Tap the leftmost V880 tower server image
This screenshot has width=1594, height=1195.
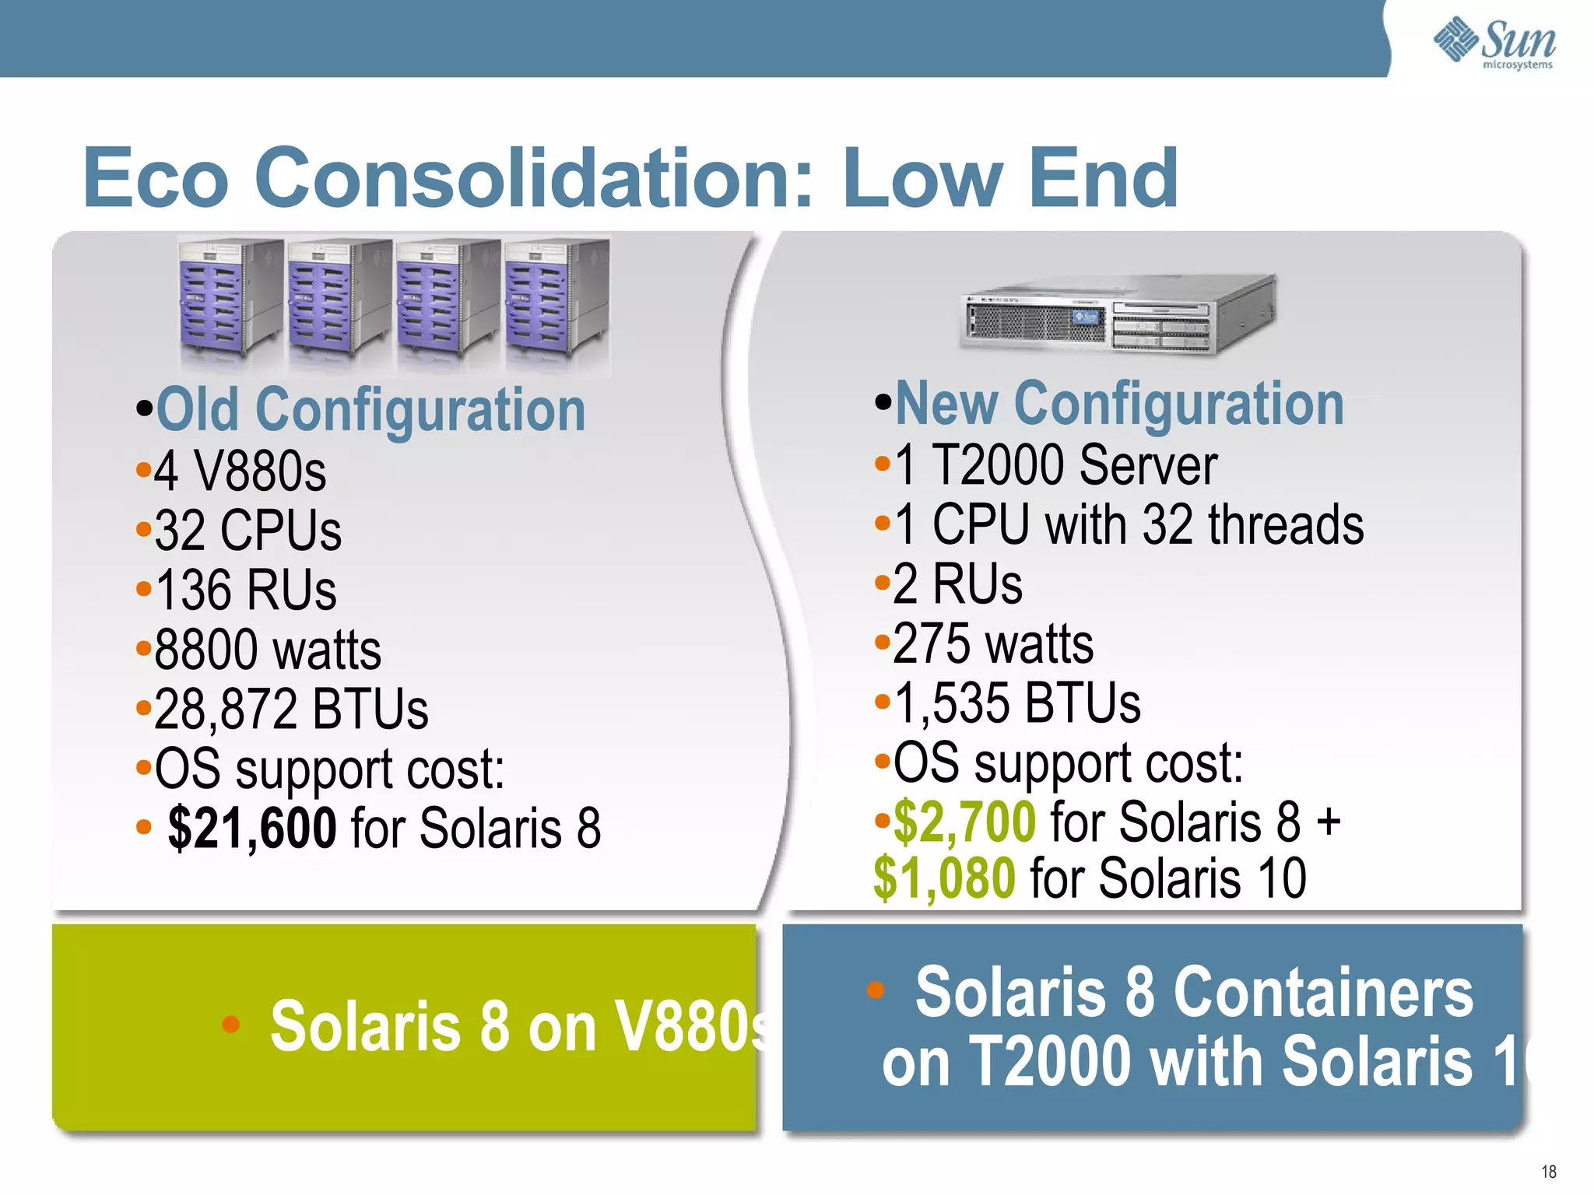(230, 300)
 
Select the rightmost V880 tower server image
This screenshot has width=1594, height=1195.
(556, 300)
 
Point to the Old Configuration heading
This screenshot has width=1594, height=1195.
(370, 411)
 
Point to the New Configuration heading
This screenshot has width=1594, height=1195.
(1118, 405)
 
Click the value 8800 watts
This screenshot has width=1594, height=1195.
(267, 650)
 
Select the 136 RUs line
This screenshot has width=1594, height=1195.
(245, 590)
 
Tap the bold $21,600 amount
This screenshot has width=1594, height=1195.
(252, 828)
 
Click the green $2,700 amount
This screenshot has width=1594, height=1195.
(964, 822)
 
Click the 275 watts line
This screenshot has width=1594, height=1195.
(992, 644)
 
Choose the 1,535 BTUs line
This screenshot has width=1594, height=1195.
(1016, 703)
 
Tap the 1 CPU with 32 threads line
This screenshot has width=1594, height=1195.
(1129, 525)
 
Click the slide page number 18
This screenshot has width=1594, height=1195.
(1548, 1172)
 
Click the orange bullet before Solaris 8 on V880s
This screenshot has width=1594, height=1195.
(230, 1024)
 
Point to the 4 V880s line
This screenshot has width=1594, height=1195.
(240, 471)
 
